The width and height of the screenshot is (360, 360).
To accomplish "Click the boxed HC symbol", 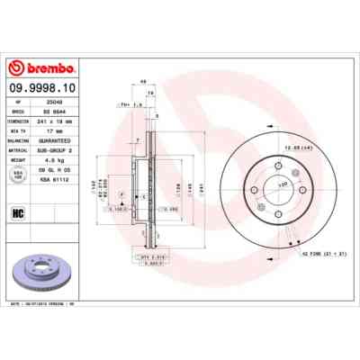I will click(x=18, y=213).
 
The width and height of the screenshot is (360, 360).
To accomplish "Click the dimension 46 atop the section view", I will click(x=143, y=80).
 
